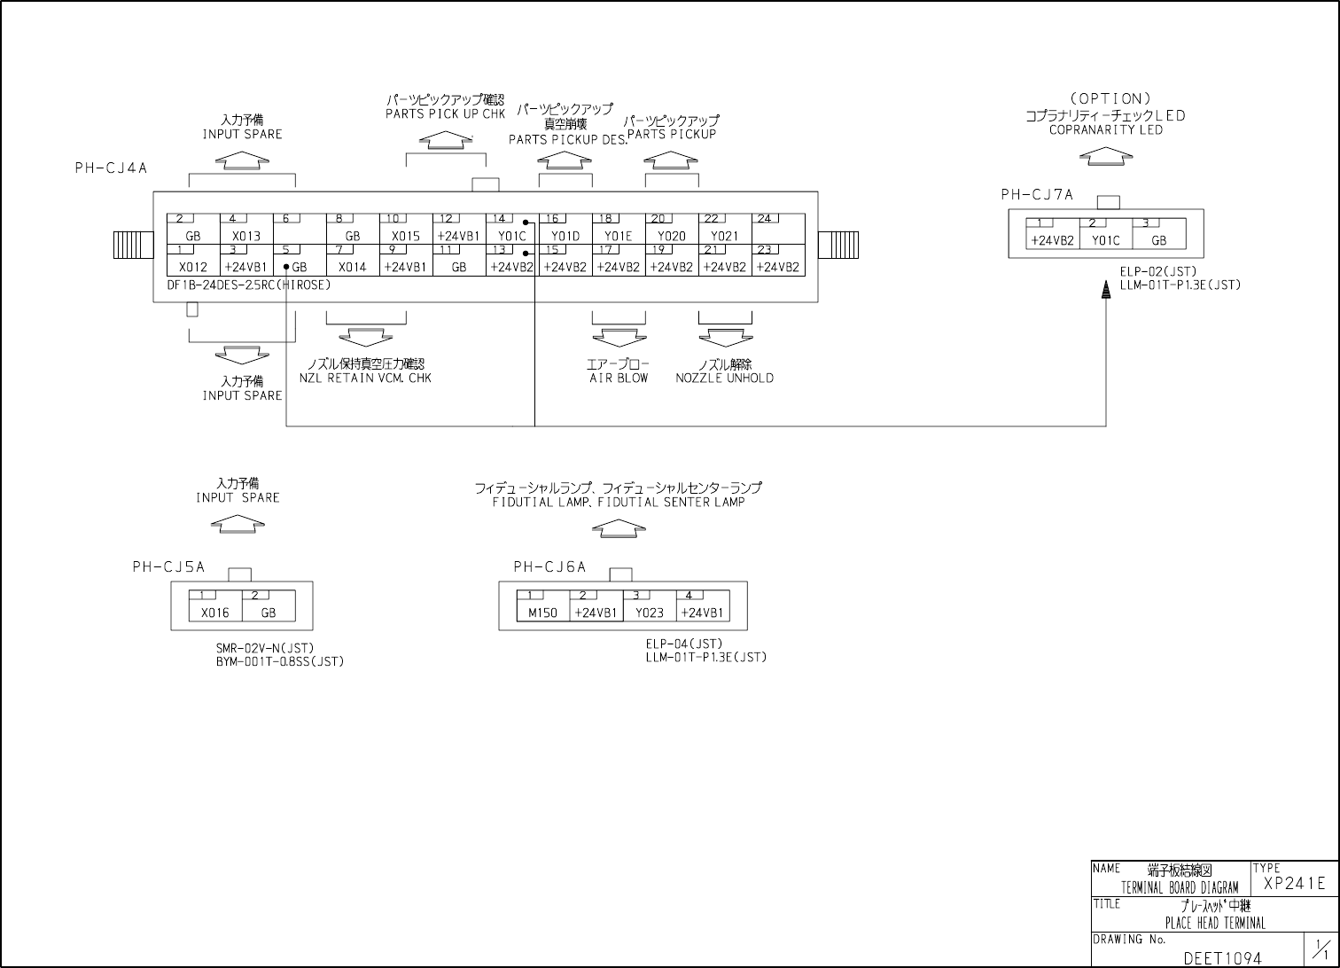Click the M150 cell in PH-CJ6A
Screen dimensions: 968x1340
pos(542,613)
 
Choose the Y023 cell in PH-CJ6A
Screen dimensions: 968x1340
pos(649,613)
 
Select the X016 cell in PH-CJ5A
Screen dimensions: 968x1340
pos(214,613)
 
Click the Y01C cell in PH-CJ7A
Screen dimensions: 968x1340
pos(1105,240)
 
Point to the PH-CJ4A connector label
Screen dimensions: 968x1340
pos(111,168)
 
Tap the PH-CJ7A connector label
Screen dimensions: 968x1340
pos(1037,195)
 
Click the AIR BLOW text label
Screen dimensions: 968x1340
pos(619,379)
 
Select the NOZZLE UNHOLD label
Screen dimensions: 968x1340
pos(724,379)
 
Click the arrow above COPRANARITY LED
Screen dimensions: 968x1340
pos(1106,156)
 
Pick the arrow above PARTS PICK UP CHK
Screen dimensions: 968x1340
pos(445,139)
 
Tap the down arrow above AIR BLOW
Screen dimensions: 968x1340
pos(619,338)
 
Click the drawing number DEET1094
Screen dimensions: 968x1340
pos(1222,958)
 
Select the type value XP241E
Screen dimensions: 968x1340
pos(1294,883)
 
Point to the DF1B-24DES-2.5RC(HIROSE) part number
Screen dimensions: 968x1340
pos(248,285)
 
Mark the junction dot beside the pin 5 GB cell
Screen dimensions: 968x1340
pos(286,267)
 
